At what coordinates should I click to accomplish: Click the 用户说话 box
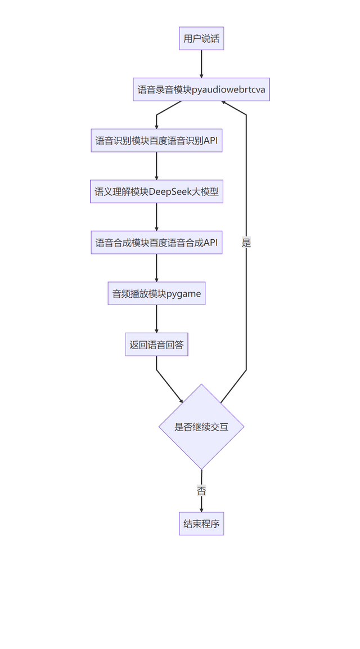pos(201,39)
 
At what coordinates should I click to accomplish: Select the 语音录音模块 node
pos(201,89)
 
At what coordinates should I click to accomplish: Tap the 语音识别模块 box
pos(156,140)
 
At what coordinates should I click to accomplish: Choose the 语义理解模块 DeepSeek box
pos(156,192)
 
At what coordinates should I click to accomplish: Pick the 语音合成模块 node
pos(156,243)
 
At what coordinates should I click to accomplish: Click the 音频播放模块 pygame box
pos(156,293)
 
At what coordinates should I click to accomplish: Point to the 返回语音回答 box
pos(156,344)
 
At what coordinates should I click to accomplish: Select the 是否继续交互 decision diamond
pos(201,427)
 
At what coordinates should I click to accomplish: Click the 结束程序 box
pos(201,523)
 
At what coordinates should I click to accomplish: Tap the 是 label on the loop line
pos(246,243)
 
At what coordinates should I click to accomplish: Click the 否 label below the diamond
pos(201,490)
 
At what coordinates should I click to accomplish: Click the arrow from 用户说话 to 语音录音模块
pos(201,64)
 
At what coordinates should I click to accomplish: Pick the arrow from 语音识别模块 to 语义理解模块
pos(156,166)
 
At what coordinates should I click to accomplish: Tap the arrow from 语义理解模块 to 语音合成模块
pos(156,217)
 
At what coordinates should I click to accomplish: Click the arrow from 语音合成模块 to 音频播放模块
pos(156,268)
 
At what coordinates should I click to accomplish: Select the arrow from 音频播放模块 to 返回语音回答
pos(156,319)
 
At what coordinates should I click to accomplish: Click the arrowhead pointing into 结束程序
pos(201,509)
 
